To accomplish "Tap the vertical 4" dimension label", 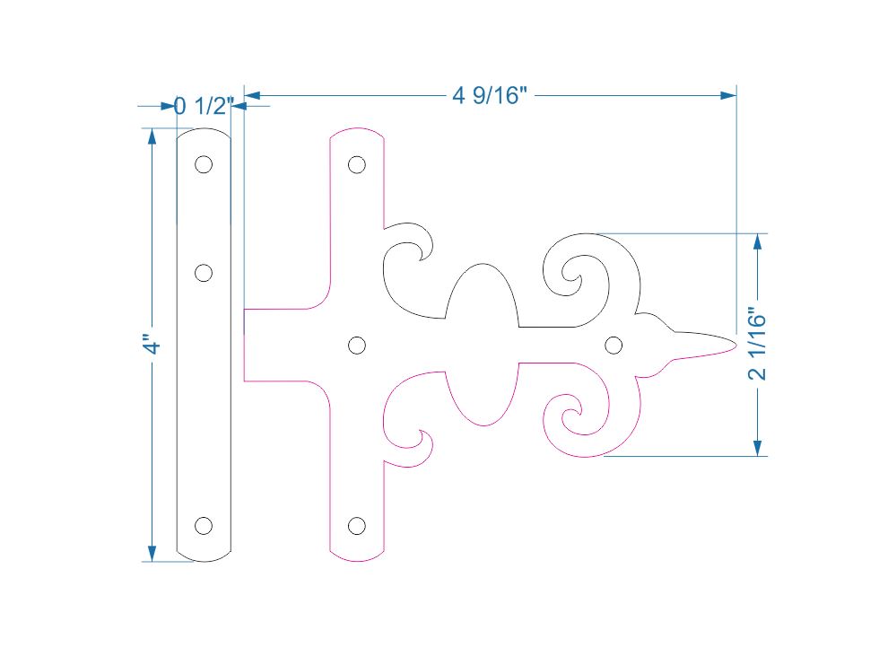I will tap(153, 346).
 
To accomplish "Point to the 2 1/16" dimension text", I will tap(758, 346).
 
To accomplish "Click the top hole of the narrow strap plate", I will tap(204, 164).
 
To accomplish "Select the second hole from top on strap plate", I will tap(204, 273).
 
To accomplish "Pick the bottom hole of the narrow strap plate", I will tap(204, 526).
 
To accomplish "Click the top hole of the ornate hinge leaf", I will tap(357, 164).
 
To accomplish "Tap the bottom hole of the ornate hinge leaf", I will tap(357, 526).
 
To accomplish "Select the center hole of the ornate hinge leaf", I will tap(356, 345).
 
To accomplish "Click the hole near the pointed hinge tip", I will tap(614, 345).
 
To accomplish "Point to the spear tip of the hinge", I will tap(734, 344).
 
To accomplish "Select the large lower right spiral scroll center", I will tap(570, 415).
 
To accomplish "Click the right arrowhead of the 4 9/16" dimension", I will tap(729, 94).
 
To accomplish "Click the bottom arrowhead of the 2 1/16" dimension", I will tap(758, 448).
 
